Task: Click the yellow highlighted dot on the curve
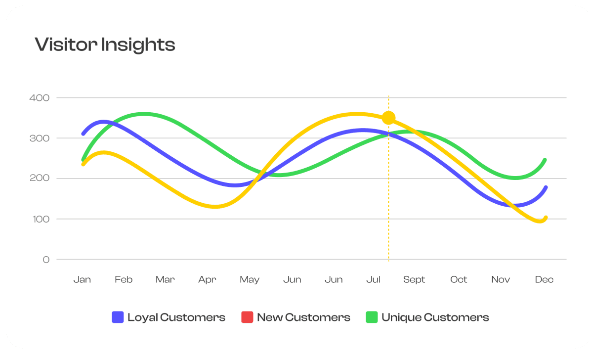pos(388,118)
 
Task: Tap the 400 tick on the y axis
pos(40,98)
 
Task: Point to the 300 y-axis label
pos(40,138)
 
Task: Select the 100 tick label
pos(40,219)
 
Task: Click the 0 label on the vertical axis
pos(46,260)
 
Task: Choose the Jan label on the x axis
pos(82,280)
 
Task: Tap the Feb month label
pos(124,280)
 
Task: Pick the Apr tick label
pos(207,280)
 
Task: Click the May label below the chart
pos(250,280)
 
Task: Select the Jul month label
pos(373,280)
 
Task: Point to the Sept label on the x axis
pos(414,280)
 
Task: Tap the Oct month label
pos(459,280)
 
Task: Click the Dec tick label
pos(544,280)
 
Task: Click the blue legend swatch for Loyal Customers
pos(118,317)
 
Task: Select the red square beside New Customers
pos(247,317)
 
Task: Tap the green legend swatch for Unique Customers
pos(372,317)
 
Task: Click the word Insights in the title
pos(138,45)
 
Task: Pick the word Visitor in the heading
pos(66,45)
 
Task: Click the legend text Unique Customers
pos(435,317)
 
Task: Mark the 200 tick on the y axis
pos(40,179)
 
